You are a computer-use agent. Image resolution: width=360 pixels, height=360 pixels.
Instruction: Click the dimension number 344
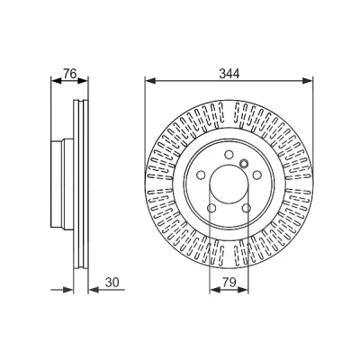229,74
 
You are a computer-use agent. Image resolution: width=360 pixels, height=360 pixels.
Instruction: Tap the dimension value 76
70,74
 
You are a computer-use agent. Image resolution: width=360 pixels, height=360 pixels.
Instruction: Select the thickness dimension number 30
112,283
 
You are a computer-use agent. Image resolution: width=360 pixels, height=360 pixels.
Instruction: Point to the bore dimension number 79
229,283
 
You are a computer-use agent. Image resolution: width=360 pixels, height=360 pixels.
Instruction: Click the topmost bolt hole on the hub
229,155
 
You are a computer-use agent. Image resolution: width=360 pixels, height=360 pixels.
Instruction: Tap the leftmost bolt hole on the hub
201,175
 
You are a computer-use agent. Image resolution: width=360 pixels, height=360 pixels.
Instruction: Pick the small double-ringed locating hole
244,163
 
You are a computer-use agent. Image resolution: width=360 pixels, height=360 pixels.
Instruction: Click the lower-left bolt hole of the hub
211,208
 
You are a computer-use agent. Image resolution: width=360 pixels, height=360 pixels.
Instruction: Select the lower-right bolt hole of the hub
247,208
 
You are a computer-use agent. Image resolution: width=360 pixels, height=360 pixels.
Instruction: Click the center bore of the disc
229,184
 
